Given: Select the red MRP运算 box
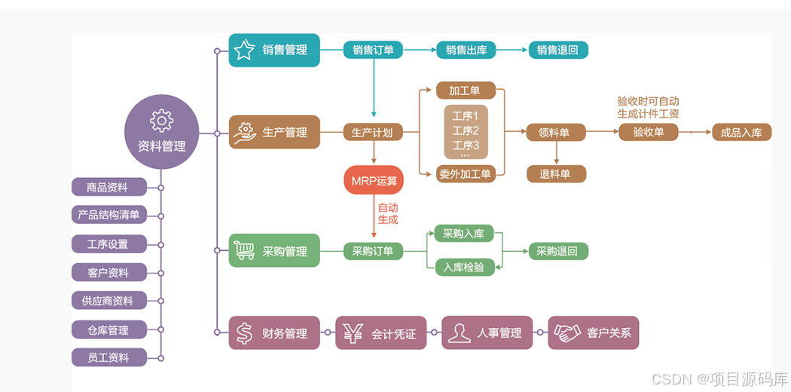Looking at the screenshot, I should click(x=374, y=181).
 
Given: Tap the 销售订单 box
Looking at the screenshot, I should click(x=373, y=51).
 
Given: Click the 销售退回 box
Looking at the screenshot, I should click(x=557, y=51).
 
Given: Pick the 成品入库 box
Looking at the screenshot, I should click(x=741, y=133).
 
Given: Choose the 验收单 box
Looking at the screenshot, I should click(x=648, y=132).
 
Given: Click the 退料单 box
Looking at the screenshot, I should click(x=555, y=174).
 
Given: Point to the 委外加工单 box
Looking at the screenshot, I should click(x=465, y=175).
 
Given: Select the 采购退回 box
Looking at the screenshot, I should click(x=557, y=252).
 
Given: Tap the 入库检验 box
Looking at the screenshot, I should click(x=464, y=267).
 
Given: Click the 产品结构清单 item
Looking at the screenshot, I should click(x=108, y=215).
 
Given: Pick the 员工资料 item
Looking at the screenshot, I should click(x=108, y=357).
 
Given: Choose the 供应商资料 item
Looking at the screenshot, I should click(x=108, y=301).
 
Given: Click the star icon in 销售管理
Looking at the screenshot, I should click(x=244, y=51).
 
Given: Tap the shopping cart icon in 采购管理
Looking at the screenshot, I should click(x=244, y=250).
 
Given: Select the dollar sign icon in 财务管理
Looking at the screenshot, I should click(x=244, y=332).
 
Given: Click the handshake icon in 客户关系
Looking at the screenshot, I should click(x=567, y=332).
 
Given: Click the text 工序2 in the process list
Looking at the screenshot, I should click(x=466, y=130).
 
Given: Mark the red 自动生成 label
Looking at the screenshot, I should click(x=387, y=213).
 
